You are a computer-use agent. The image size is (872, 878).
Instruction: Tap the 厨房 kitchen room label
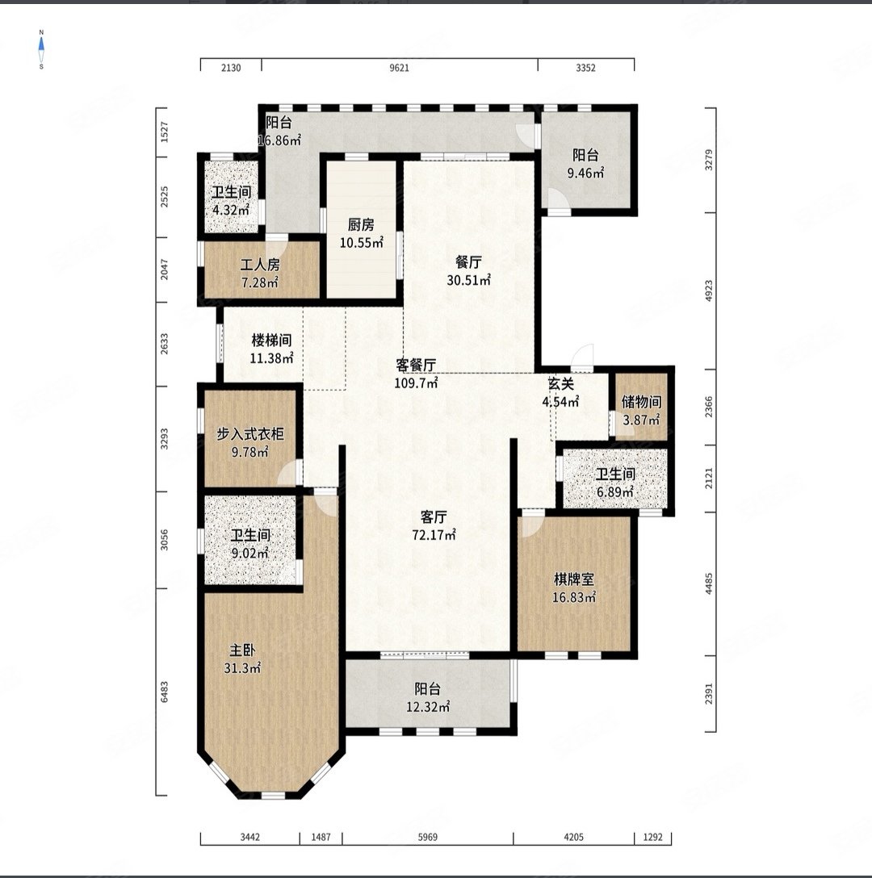pos(361,224)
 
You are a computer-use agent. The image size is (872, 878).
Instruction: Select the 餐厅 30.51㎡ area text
pos(468,280)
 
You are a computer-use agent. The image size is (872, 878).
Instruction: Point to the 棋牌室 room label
pos(573,579)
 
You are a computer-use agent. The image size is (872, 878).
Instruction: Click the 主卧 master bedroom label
pos(243,650)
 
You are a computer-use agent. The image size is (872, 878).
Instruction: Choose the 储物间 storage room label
pos(641,402)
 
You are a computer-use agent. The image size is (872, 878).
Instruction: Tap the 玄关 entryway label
pos(561,383)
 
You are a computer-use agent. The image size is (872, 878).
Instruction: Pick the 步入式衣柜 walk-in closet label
pos(250,434)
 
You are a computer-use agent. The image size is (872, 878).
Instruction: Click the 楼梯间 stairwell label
pos(271,340)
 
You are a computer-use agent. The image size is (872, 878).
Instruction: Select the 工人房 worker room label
pos(260,265)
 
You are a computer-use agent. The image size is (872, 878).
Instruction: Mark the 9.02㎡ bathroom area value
pos(250,554)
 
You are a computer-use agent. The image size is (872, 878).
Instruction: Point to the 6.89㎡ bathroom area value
pos(614,492)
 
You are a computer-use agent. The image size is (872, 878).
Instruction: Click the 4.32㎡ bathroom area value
pos(231,211)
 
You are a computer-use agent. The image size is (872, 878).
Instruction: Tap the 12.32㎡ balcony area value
pos(428,707)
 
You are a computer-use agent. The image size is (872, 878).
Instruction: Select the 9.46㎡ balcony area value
pos(585,173)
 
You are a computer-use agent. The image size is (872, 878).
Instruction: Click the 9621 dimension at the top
pos(399,68)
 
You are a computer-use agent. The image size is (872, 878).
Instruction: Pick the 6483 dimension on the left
pos(164,692)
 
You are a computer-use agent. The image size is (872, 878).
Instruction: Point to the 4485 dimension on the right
pos(709,583)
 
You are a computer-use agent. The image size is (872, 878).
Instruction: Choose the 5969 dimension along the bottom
pos(428,837)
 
